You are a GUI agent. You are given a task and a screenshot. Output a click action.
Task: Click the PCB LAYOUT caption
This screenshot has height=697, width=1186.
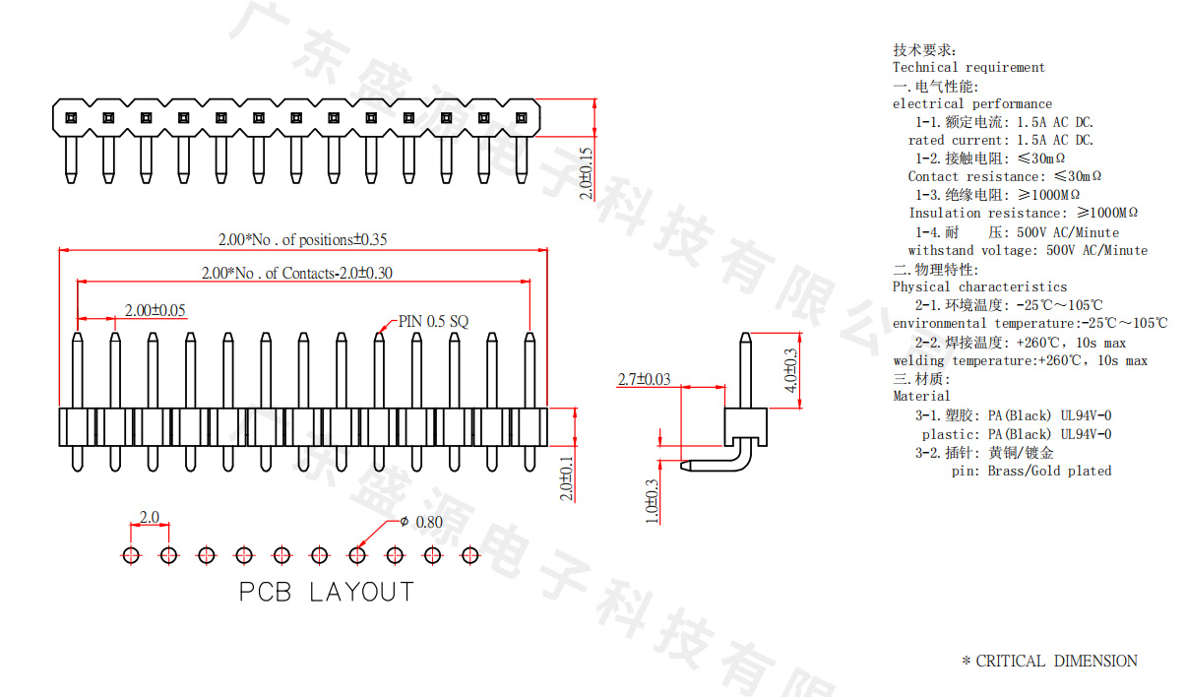click(327, 592)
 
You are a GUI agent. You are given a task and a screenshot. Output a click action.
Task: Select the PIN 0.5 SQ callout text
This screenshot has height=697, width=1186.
click(433, 321)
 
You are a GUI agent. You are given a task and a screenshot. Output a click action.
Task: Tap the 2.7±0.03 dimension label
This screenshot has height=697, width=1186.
click(644, 379)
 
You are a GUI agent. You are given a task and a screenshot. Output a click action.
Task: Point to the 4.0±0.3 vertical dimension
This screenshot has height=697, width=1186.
click(789, 370)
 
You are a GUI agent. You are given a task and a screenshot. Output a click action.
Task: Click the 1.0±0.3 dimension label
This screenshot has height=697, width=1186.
click(652, 502)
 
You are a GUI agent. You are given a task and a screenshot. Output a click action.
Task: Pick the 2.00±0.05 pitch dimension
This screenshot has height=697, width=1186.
click(156, 310)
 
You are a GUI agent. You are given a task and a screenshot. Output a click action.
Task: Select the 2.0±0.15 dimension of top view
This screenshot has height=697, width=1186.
click(586, 173)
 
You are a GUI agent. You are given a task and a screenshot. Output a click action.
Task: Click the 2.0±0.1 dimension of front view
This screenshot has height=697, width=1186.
click(567, 478)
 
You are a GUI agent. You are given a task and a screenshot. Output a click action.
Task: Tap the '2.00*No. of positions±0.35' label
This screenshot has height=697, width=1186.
click(302, 239)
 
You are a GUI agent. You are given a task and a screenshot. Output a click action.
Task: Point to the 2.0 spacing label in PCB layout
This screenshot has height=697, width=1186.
click(150, 517)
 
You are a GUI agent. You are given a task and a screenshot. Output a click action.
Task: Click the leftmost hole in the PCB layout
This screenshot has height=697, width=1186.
click(131, 555)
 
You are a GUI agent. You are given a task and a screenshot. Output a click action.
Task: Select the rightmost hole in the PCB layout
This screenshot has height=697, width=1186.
click(469, 555)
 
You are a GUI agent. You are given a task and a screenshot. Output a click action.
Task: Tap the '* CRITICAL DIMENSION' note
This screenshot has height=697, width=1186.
click(1049, 662)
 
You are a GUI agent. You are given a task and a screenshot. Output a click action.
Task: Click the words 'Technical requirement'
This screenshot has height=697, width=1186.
click(968, 67)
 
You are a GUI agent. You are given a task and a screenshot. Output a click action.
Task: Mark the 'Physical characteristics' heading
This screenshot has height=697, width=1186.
click(979, 286)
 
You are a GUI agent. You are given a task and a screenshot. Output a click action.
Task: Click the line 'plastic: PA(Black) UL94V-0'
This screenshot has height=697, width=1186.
click(1017, 434)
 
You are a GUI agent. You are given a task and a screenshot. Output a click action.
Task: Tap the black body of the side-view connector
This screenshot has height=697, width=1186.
click(745, 426)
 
